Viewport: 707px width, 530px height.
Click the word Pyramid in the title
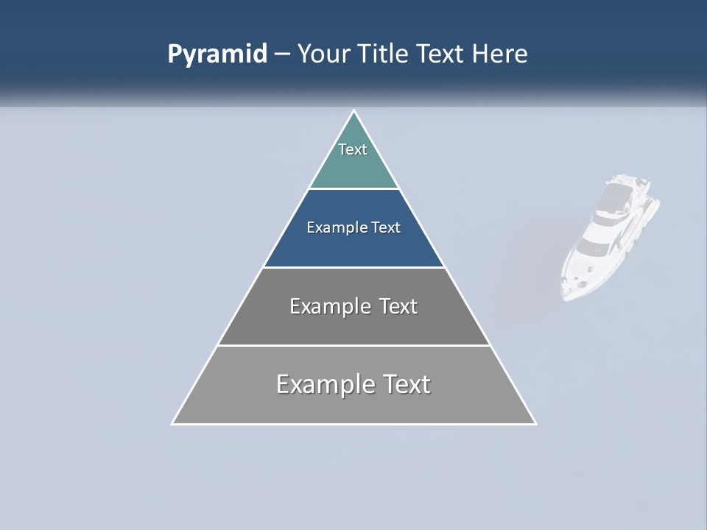tap(217, 54)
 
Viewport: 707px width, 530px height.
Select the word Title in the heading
tap(384, 54)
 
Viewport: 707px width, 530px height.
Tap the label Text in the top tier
tap(353, 149)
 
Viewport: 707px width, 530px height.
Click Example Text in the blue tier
tap(353, 227)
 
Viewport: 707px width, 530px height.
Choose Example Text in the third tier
tap(353, 306)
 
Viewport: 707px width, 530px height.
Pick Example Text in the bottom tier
tap(353, 384)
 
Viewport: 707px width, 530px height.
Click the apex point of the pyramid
tap(353, 112)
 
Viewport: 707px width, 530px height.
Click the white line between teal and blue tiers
tap(353, 189)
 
